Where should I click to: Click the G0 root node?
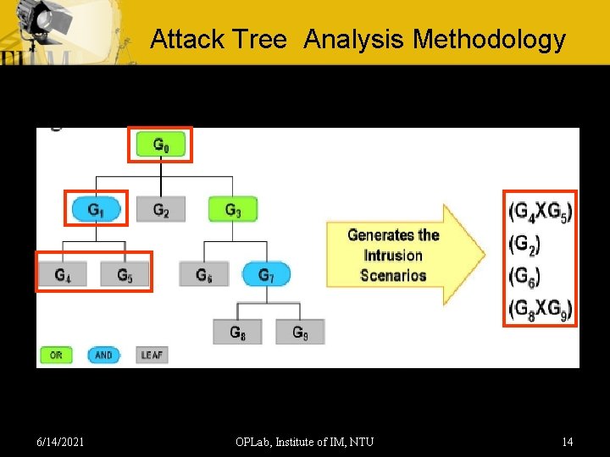pyautogui.click(x=161, y=145)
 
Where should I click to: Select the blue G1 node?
pyautogui.click(x=97, y=209)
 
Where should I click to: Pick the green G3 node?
pyautogui.click(x=232, y=209)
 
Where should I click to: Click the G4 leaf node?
pyautogui.click(x=63, y=274)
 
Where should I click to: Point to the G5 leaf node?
pyautogui.click(x=125, y=274)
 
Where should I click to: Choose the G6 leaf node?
pyautogui.click(x=203, y=274)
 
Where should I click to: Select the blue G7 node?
pyautogui.click(x=266, y=274)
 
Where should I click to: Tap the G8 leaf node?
pyautogui.click(x=238, y=332)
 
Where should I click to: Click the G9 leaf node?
pyautogui.click(x=300, y=332)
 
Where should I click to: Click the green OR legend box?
pyautogui.click(x=56, y=355)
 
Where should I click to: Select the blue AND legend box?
pyautogui.click(x=103, y=355)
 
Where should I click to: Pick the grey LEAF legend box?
pyautogui.click(x=152, y=355)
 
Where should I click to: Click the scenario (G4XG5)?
pyautogui.click(x=540, y=211)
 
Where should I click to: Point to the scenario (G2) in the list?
pyautogui.click(x=524, y=244)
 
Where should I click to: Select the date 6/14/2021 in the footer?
pyautogui.click(x=60, y=441)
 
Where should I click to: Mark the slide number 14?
pyautogui.click(x=567, y=441)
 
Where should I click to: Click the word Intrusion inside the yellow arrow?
pyautogui.click(x=393, y=256)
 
